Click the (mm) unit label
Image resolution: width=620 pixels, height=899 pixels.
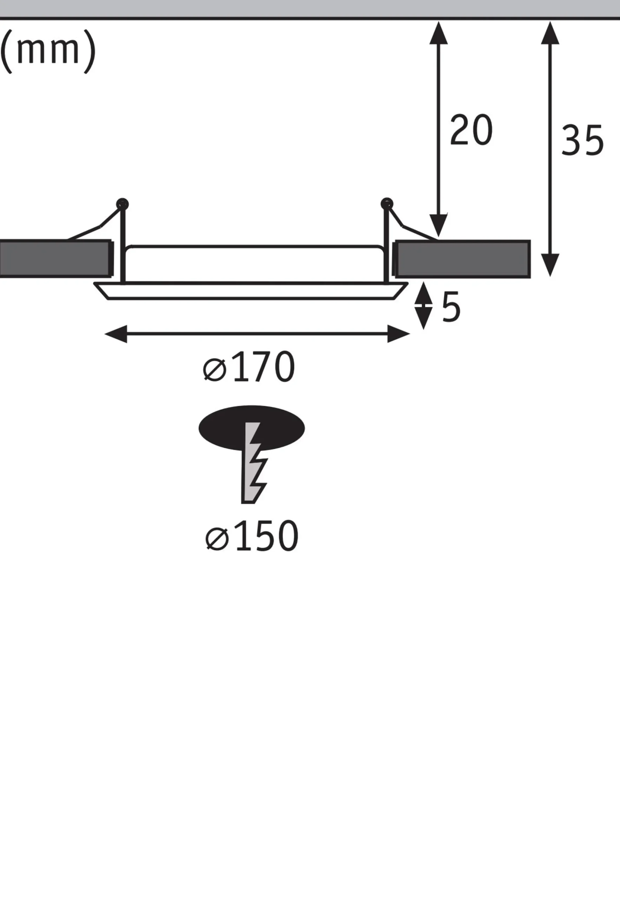tap(48, 52)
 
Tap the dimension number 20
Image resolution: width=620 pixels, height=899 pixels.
tap(471, 130)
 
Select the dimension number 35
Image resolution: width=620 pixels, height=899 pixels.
tap(582, 140)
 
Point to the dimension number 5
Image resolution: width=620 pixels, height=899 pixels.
tap(451, 307)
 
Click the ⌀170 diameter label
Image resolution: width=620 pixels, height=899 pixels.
tap(249, 367)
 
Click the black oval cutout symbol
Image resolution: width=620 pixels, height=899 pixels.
tap(252, 428)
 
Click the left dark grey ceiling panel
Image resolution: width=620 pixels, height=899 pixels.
tap(55, 259)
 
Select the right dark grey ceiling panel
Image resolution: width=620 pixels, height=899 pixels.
tap(463, 259)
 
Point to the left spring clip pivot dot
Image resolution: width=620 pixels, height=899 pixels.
tap(123, 204)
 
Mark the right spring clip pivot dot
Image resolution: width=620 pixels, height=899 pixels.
tap(387, 204)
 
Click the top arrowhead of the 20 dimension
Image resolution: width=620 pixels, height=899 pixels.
tap(438, 33)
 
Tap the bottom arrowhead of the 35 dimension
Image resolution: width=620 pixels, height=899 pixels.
tap(550, 265)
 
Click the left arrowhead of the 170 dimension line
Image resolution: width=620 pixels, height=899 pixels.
tap(116, 334)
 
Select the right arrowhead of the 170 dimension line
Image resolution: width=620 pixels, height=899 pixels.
tap(398, 334)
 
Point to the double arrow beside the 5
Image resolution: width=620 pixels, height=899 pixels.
tap(423, 306)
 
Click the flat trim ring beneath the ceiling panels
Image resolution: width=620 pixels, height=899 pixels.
tap(251, 291)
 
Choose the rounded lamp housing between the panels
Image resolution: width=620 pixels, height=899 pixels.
tap(255, 264)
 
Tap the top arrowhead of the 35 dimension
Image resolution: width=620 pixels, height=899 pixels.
tap(550, 33)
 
